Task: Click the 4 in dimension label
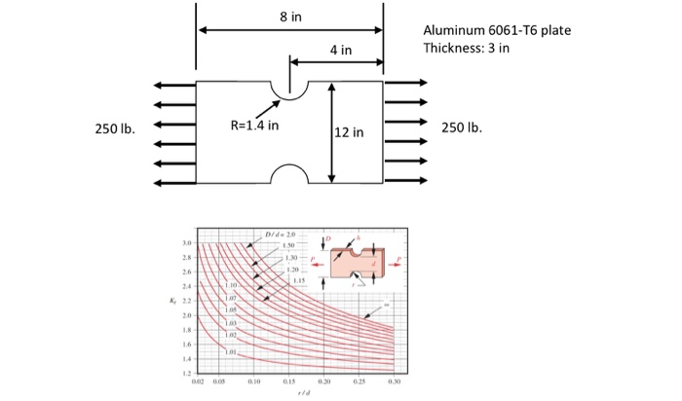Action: click(339, 50)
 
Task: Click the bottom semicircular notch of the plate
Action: click(288, 174)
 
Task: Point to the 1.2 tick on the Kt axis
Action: click(185, 372)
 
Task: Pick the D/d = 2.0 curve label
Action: click(278, 235)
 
